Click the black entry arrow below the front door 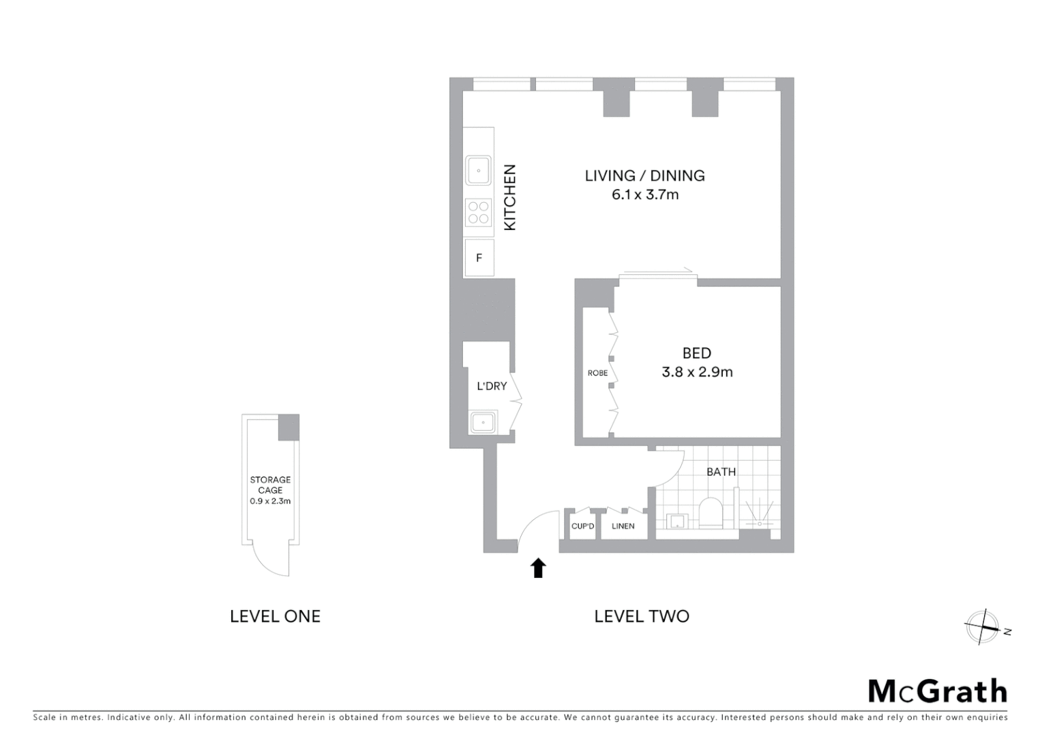[x=539, y=568]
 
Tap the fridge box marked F [x=479, y=258]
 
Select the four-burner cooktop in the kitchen [x=479, y=212]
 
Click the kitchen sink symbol [x=479, y=171]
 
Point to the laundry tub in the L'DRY [x=483, y=422]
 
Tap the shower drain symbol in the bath [x=759, y=523]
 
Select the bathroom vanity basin [x=676, y=522]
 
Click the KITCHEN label [x=510, y=198]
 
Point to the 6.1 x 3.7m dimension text [x=644, y=195]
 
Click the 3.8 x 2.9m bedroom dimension [x=697, y=373]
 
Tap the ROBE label [x=597, y=373]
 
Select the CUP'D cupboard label [x=583, y=526]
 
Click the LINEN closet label [x=623, y=526]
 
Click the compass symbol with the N [x=982, y=627]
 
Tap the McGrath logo [x=937, y=691]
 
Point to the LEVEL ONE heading [x=275, y=616]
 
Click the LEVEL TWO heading [x=642, y=616]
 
